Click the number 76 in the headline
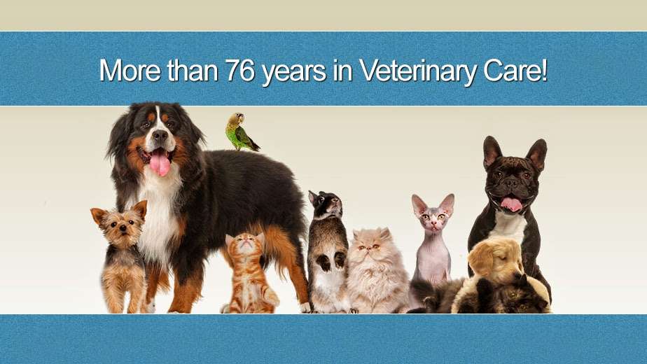(239, 70)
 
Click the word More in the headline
(130, 70)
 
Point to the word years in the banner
(294, 73)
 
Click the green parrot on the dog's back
(240, 132)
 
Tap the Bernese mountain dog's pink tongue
(160, 162)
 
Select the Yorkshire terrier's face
(120, 225)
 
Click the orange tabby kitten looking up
(248, 273)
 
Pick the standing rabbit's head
(326, 204)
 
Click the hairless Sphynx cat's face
(433, 218)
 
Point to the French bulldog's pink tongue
(511, 204)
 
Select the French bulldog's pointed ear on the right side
(537, 154)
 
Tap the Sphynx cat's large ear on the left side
(419, 204)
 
